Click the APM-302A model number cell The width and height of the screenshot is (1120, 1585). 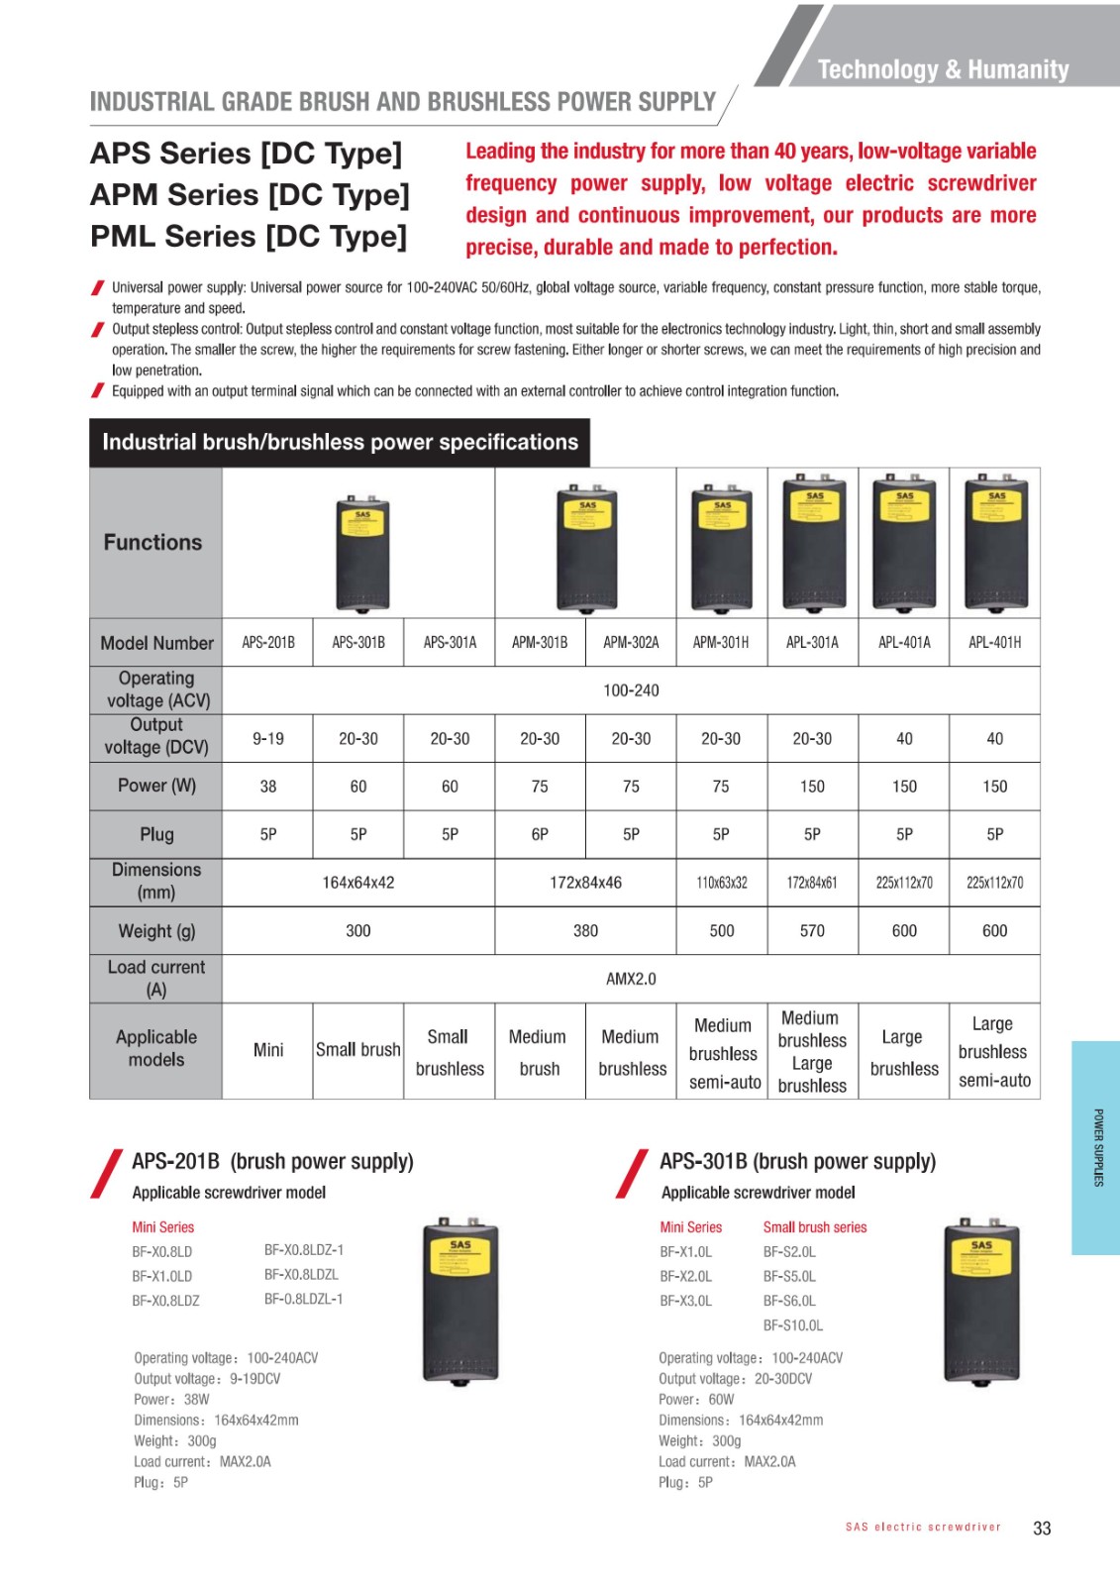[x=631, y=643]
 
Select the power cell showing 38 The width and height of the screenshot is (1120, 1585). [x=267, y=787]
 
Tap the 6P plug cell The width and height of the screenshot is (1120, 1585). [x=540, y=834]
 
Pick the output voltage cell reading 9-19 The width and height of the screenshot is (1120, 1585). [x=267, y=739]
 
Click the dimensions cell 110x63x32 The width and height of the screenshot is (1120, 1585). [x=722, y=883]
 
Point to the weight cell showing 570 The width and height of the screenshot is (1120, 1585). [x=812, y=931]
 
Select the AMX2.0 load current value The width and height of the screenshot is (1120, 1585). [x=631, y=979]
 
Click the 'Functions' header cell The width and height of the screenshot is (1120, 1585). [x=153, y=543]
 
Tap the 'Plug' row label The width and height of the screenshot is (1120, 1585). [x=156, y=834]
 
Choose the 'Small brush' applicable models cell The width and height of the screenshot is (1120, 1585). [x=358, y=1050]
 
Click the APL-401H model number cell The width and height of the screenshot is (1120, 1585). [x=994, y=643]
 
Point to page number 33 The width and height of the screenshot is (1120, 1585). [x=1042, y=1529]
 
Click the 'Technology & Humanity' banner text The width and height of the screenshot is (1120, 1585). [x=943, y=69]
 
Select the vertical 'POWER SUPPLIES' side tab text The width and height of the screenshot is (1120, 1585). [x=1098, y=1147]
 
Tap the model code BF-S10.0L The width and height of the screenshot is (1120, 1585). [x=793, y=1325]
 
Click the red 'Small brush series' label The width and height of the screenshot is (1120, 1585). [x=814, y=1227]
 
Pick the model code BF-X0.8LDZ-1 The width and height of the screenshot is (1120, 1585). [x=304, y=1250]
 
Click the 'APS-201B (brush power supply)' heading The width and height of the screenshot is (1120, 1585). [x=272, y=1161]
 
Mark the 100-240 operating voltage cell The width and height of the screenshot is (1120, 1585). [x=631, y=690]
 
